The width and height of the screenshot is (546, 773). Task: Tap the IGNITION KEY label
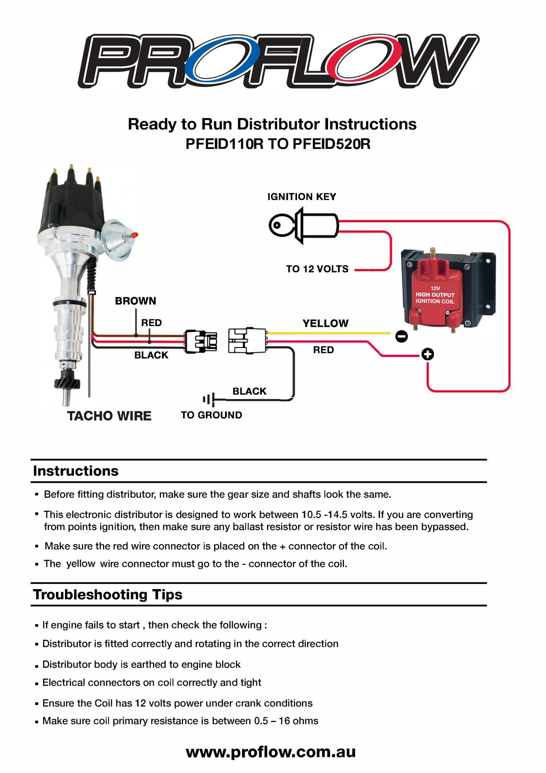[302, 197]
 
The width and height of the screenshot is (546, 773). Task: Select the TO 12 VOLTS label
[317, 269]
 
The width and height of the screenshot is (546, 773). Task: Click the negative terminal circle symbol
[401, 336]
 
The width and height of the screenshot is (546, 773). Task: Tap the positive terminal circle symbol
[427, 354]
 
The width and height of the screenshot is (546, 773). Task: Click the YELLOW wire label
[325, 323]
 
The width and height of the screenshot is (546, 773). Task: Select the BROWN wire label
[135, 301]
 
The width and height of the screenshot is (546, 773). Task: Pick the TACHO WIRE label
[109, 416]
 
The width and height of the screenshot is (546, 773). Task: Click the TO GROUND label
[212, 415]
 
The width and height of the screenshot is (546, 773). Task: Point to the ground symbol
[209, 399]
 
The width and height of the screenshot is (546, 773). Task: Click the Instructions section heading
[76, 471]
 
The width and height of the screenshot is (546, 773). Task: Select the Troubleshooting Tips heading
[108, 594]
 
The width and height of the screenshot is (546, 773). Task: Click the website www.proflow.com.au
[271, 752]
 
